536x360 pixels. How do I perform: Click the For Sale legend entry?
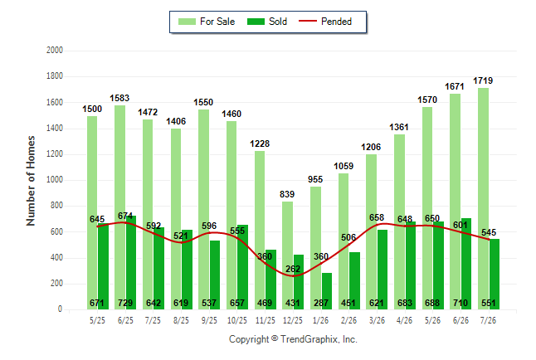click(x=207, y=22)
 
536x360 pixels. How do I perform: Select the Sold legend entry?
click(x=267, y=22)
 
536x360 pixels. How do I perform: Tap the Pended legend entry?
click(x=325, y=22)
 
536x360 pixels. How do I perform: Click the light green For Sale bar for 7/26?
click(x=484, y=198)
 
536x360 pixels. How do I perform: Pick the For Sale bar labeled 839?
click(x=287, y=255)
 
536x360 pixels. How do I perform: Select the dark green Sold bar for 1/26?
click(x=327, y=291)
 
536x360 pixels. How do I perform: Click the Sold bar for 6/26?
click(x=466, y=264)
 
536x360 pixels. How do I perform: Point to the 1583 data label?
click(x=119, y=98)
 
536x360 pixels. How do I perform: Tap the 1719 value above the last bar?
click(x=483, y=80)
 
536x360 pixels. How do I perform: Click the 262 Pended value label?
click(x=293, y=269)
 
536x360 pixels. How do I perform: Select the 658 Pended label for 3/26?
click(x=377, y=217)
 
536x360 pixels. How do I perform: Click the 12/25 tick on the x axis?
click(x=293, y=320)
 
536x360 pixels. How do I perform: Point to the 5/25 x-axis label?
click(x=97, y=320)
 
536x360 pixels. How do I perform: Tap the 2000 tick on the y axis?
click(x=55, y=51)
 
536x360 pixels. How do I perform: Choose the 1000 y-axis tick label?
click(x=55, y=180)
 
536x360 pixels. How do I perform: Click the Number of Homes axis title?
click(x=31, y=181)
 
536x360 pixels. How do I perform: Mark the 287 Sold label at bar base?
click(x=321, y=303)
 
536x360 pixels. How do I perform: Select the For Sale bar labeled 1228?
click(x=260, y=230)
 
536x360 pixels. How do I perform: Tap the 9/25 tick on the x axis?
click(x=209, y=320)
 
